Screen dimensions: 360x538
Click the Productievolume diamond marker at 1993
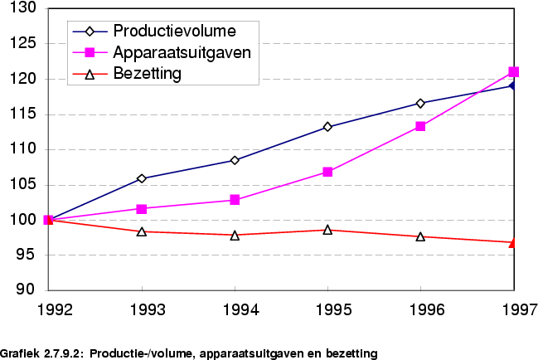coord(143,178)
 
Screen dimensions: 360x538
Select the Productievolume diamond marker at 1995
coord(328,127)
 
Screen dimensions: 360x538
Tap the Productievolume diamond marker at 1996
coord(421,103)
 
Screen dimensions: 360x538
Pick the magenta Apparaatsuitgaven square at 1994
coord(235,200)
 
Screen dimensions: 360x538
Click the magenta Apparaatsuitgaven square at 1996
coord(421,126)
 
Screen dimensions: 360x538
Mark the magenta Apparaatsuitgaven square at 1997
coord(514,72)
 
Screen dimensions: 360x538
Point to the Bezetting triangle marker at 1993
coord(143,231)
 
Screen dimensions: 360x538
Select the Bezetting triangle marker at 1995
coord(328,229)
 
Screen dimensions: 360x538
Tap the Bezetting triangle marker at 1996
coord(421,236)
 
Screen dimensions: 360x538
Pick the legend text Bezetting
coord(147,74)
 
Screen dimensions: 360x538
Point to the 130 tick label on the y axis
coord(24,8)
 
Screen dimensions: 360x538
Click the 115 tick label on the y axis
coord(24,114)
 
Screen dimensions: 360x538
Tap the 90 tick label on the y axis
coord(27,290)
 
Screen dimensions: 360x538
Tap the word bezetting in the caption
coord(351,353)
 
